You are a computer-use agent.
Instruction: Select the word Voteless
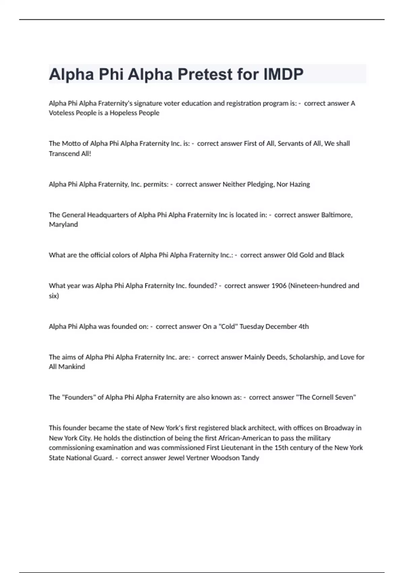[61, 113]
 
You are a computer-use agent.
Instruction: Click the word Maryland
[63, 224]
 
